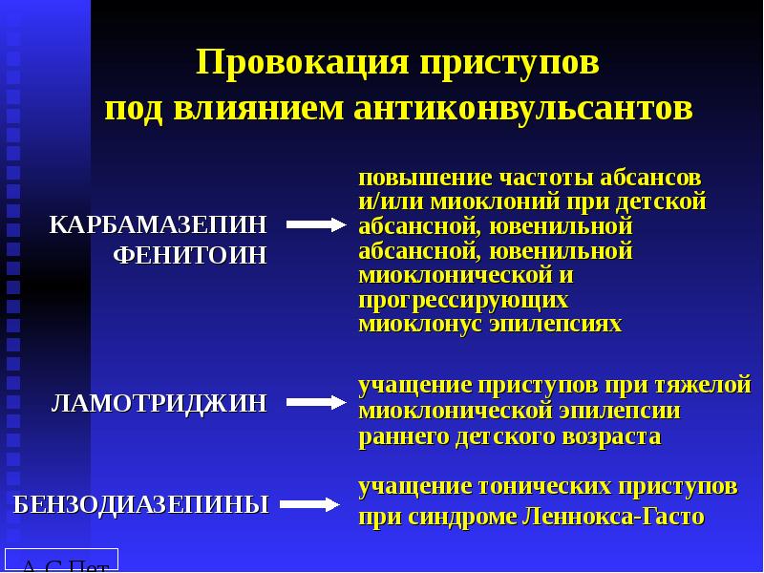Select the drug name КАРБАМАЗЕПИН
(x=159, y=224)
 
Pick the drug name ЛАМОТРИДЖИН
(x=159, y=403)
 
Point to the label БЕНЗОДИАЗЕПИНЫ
(x=141, y=504)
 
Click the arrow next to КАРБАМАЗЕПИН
(x=315, y=225)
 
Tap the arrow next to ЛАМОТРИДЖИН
(x=315, y=403)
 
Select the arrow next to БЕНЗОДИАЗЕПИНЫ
(x=311, y=504)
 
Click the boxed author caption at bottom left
(x=61, y=561)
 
